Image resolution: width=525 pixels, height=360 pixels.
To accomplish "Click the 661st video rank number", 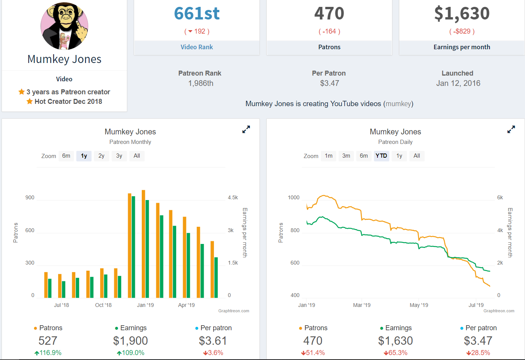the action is [x=197, y=13].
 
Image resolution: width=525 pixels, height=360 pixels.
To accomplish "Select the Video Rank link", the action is [x=197, y=47].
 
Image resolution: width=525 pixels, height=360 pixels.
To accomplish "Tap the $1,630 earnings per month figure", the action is [x=462, y=14].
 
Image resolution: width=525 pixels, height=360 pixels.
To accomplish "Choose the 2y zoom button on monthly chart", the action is [x=101, y=156].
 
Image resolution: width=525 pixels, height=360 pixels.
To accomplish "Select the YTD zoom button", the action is [x=381, y=156].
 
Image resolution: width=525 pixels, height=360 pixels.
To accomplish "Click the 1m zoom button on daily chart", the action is [x=329, y=156].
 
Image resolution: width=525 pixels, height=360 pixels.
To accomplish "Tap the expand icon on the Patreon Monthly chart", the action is [x=246, y=129].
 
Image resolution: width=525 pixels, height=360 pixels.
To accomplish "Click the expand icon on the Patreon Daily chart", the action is [x=511, y=129].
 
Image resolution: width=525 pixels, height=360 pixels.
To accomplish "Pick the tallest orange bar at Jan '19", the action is [x=143, y=244].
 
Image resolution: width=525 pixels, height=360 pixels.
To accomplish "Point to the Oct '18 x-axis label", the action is [x=104, y=305].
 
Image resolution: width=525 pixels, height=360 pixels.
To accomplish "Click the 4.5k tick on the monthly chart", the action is [x=233, y=198].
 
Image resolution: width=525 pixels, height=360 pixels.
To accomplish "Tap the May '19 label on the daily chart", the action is [x=419, y=305].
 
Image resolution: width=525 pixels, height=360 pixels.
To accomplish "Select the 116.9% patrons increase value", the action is [x=48, y=353].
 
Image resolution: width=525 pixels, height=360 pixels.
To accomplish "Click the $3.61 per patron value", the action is [x=213, y=341].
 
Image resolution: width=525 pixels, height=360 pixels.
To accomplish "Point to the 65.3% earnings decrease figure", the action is [x=395, y=353].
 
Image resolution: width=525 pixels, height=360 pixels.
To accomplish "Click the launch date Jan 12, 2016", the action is [x=458, y=83].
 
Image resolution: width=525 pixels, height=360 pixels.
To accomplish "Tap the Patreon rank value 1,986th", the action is [x=201, y=83].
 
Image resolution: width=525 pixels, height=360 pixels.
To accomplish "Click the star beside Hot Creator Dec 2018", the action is [x=29, y=102].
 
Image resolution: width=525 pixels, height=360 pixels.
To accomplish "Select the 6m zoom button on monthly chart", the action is [x=66, y=156].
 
